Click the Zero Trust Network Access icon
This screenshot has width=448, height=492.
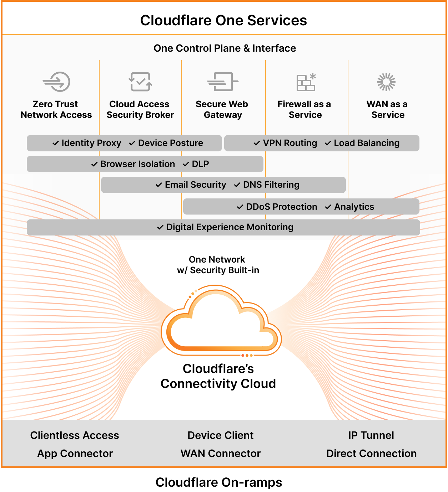point(56,82)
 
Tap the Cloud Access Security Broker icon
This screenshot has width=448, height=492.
point(140,82)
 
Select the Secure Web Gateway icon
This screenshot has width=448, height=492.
point(223,82)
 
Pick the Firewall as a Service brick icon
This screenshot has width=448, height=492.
point(306,82)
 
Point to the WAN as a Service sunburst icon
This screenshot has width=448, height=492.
point(386,82)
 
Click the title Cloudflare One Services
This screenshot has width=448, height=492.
point(223,20)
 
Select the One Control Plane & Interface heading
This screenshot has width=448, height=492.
point(225,48)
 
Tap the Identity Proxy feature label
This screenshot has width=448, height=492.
point(91,143)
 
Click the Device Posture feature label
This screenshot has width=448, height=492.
point(170,143)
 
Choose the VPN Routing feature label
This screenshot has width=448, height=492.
point(290,143)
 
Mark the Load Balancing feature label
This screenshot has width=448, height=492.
point(366,143)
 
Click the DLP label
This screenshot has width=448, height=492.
point(200,164)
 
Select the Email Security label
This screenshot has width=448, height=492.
point(195,185)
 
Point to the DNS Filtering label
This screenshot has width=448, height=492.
point(271,185)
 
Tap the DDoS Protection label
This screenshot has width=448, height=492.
point(281,207)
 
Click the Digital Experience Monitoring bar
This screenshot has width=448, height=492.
point(223,227)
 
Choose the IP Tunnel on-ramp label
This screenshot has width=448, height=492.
point(371,435)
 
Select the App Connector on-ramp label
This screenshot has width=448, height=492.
point(75,454)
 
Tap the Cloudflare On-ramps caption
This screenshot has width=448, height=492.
point(219,482)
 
